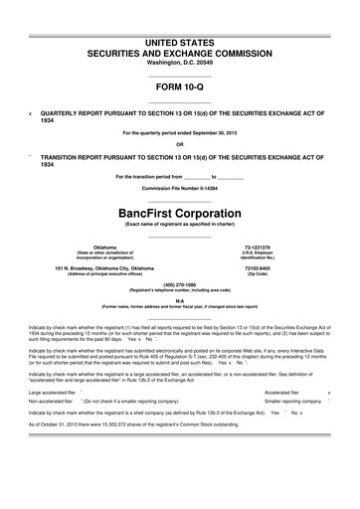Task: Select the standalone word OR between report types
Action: click(x=180, y=144)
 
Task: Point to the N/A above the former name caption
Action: click(x=180, y=299)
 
